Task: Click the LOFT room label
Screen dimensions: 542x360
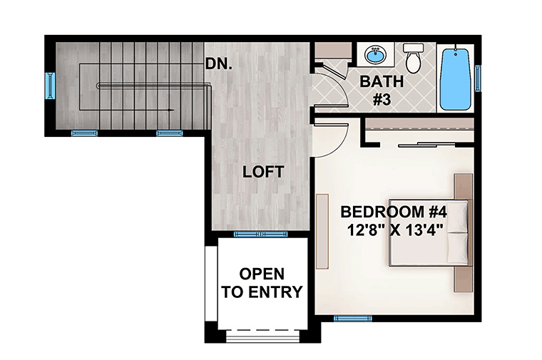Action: click(263, 172)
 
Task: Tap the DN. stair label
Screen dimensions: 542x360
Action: click(218, 63)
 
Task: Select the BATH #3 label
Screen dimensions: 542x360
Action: click(382, 90)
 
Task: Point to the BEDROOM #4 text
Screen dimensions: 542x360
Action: click(394, 212)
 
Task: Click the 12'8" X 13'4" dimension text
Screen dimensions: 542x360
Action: click(395, 230)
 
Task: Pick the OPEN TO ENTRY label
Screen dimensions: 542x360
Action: click(262, 282)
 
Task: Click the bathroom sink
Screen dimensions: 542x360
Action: click(376, 55)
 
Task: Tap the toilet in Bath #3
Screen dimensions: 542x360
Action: click(414, 58)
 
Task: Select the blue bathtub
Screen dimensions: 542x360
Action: click(455, 79)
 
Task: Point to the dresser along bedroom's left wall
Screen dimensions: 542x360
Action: click(322, 231)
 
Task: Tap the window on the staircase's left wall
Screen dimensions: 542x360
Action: click(51, 86)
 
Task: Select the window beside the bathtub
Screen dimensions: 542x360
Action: click(478, 78)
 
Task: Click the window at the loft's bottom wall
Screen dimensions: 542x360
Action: click(261, 235)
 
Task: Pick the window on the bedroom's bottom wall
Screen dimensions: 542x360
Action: click(352, 318)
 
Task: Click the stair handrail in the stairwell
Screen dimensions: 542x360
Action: click(153, 86)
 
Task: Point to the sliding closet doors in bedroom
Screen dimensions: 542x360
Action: click(436, 144)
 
